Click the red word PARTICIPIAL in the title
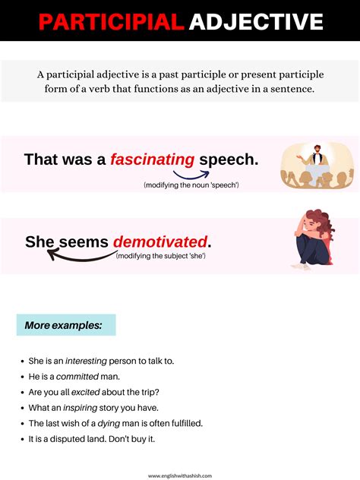coord(112,22)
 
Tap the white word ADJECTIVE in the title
coord(256,22)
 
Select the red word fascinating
coord(152,159)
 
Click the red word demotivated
coord(160,242)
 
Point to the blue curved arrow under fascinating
coord(191,175)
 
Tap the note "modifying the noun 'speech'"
coord(191,185)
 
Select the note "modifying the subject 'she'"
coord(161,256)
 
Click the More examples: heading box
coord(66,325)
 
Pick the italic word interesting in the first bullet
coord(86,362)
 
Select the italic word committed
coord(77,377)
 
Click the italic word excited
coord(85,392)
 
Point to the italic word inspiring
coord(81,408)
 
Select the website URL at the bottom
coord(180,475)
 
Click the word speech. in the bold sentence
coord(229,159)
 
